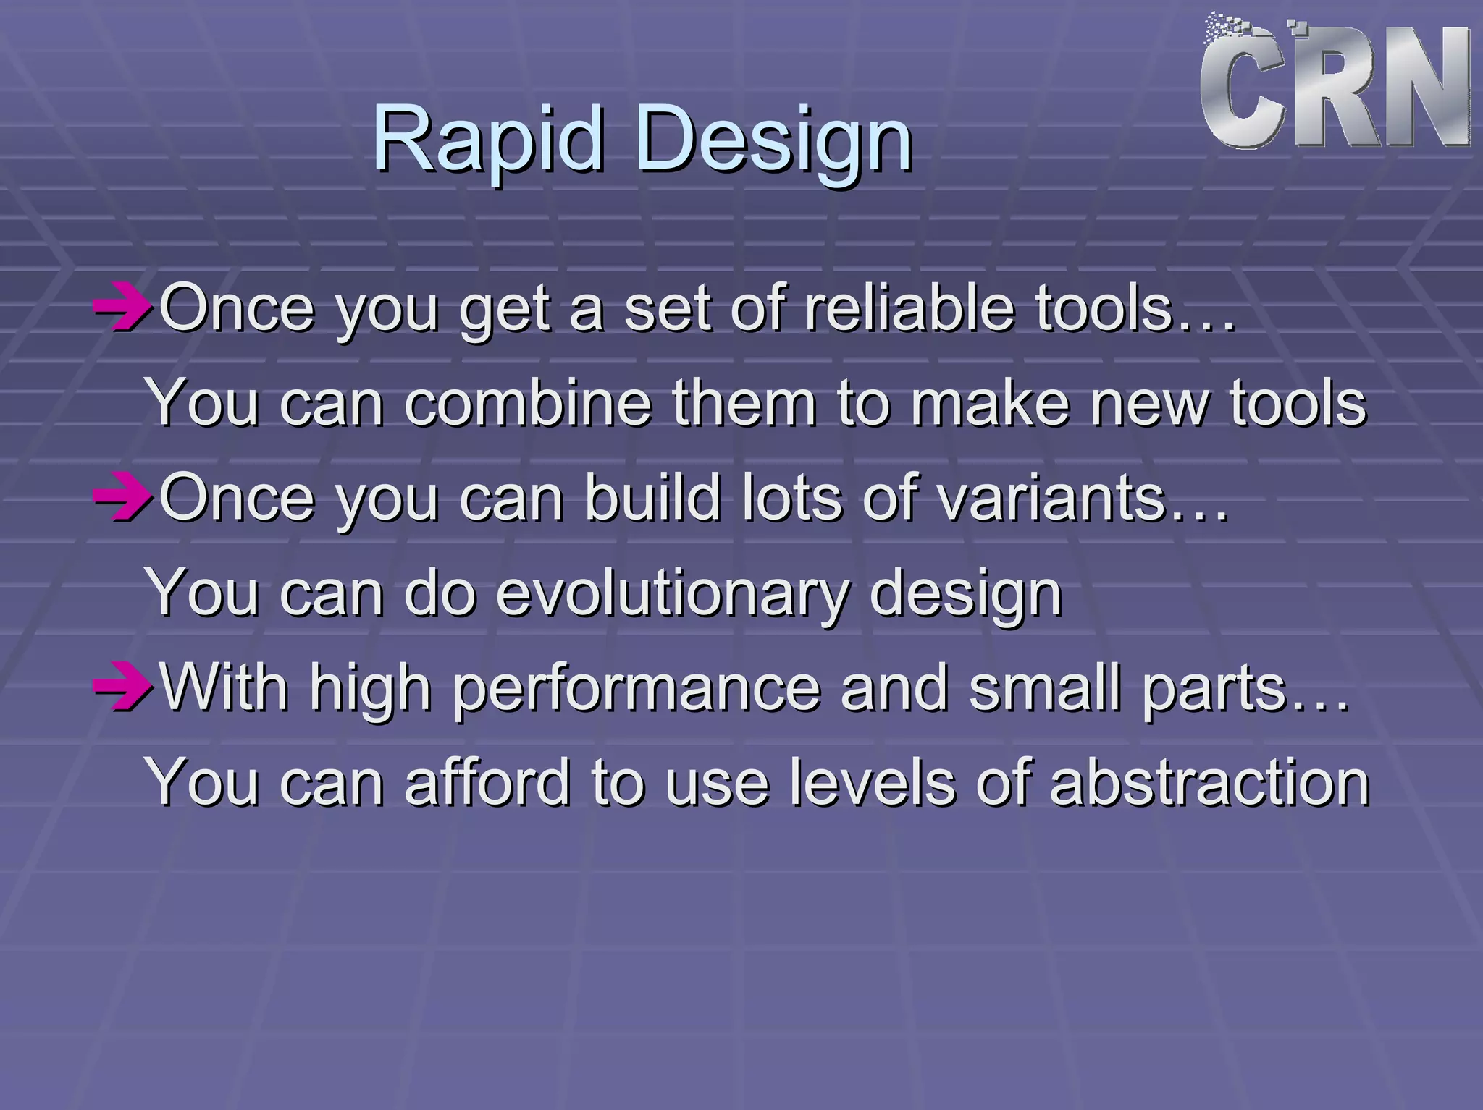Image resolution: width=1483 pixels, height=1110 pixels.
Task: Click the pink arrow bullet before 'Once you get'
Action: pyautogui.click(x=122, y=309)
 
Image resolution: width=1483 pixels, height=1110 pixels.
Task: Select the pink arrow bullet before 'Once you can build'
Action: pyautogui.click(x=122, y=498)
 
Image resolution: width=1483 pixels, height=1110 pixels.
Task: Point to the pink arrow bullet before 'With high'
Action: pyautogui.click(x=122, y=687)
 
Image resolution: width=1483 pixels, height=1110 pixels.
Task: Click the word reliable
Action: pyautogui.click(x=909, y=308)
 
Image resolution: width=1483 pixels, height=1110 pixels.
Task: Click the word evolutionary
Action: pyautogui.click(x=671, y=593)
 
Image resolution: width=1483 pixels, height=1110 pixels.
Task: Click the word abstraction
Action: pyautogui.click(x=1209, y=782)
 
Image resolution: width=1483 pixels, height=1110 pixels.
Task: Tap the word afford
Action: pyautogui.click(x=487, y=782)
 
